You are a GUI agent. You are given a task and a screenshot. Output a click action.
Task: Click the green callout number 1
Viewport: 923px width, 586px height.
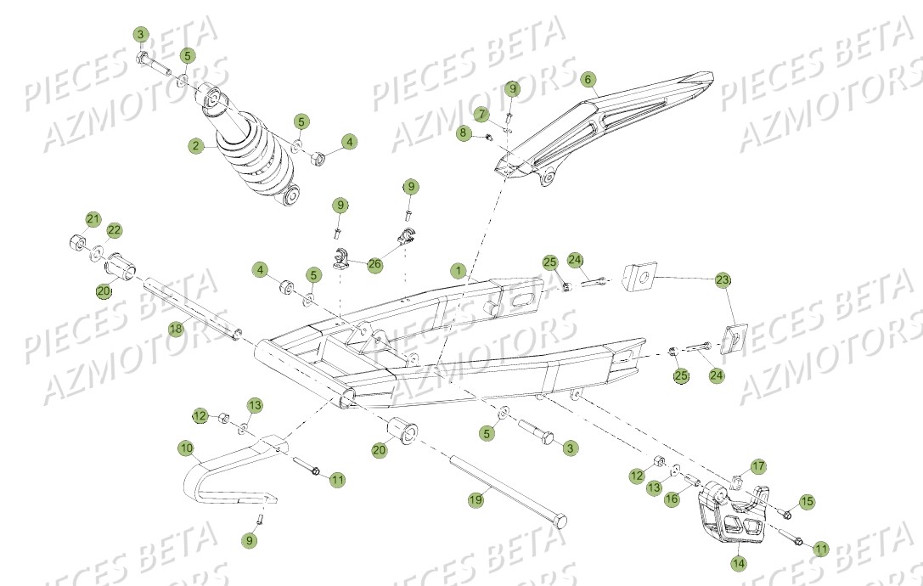pyautogui.click(x=458, y=272)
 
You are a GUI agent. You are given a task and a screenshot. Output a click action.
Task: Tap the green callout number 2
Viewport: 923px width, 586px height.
pyautogui.click(x=196, y=146)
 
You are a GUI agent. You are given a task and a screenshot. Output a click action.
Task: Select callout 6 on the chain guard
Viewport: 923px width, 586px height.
pyautogui.click(x=587, y=79)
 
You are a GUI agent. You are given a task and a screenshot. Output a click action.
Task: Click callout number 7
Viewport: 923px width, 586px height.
pyautogui.click(x=481, y=114)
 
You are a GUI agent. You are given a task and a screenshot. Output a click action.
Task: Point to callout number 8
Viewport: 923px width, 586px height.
pyautogui.click(x=463, y=132)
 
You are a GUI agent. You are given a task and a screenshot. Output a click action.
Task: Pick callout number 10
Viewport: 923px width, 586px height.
pyautogui.click(x=185, y=447)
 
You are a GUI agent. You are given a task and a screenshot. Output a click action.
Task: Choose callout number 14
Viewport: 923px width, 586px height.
pyautogui.click(x=737, y=561)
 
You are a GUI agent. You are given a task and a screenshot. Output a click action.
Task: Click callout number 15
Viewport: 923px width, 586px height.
pyautogui.click(x=807, y=501)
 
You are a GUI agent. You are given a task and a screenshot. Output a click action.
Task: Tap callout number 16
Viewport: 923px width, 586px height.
pyautogui.click(x=672, y=499)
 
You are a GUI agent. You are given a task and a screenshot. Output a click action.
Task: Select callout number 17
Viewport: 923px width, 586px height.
pyautogui.click(x=757, y=466)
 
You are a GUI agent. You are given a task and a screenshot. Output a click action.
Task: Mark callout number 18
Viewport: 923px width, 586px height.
pyautogui.click(x=175, y=329)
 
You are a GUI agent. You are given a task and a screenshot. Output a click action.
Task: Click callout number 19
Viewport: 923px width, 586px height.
pyautogui.click(x=476, y=500)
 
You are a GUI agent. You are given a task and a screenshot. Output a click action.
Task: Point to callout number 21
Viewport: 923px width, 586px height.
pyautogui.click(x=93, y=219)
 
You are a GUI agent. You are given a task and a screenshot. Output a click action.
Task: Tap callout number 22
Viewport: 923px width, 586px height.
pyautogui.click(x=114, y=229)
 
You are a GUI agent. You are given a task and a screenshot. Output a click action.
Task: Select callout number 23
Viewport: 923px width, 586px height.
pyautogui.click(x=723, y=279)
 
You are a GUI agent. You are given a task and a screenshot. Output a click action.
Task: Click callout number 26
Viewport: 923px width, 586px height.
pyautogui.click(x=374, y=265)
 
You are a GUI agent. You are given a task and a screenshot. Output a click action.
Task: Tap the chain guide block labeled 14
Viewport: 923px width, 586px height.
pyautogui.click(x=730, y=515)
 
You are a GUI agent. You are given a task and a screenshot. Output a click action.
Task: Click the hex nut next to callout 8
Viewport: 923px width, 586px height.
pyautogui.click(x=490, y=138)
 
